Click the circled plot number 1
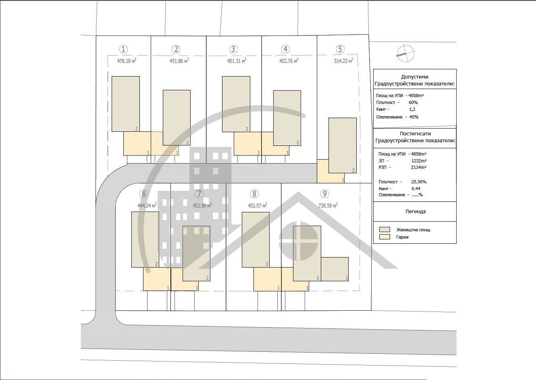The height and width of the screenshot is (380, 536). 123,49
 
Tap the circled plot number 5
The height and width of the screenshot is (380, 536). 340,49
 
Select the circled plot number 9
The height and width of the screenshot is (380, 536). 324,193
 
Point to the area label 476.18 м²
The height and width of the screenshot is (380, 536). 127,60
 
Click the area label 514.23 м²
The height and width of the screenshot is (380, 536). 344,60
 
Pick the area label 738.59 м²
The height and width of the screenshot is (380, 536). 328,205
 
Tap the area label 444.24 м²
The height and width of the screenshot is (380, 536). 147,205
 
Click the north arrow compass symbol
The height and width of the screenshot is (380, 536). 405,53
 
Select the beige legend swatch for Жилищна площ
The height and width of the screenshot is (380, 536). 384,229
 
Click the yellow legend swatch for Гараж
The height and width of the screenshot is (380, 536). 384,237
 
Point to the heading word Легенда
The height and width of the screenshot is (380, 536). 416,212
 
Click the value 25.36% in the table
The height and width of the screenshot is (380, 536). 419,182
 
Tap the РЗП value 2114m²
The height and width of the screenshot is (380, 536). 419,167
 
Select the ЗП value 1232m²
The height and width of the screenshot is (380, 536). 419,161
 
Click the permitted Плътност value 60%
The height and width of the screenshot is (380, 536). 413,102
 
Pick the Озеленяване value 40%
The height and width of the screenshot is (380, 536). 414,117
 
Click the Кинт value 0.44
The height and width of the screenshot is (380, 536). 416,189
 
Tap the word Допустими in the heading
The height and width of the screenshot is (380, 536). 415,77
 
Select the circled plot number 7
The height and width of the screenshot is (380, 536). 199,193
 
